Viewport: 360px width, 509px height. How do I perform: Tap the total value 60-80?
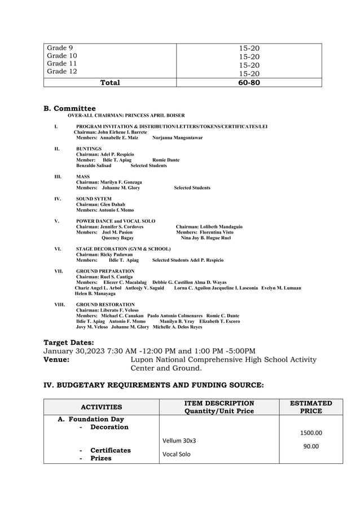coord(249,82)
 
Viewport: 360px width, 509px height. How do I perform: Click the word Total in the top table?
coord(110,82)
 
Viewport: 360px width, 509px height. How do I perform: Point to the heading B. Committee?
coord(69,108)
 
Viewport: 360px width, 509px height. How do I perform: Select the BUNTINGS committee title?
coord(89,149)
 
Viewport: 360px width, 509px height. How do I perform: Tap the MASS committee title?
coord(83,177)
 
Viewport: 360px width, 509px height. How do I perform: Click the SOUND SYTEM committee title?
coord(94,199)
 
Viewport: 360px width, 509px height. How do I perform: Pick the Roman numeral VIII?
coord(59,304)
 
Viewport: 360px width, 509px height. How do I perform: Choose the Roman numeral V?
coord(56,221)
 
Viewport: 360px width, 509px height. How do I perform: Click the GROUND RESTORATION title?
coord(106,304)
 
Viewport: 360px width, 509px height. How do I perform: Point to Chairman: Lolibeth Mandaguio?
coord(209,226)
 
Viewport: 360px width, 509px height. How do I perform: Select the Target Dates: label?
coord(69,342)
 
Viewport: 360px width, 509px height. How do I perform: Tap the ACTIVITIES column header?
coord(102,406)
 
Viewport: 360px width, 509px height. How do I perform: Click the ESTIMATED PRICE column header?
coord(310,407)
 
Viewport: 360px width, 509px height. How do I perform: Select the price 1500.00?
coord(310,433)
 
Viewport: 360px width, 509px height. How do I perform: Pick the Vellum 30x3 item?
coord(179,440)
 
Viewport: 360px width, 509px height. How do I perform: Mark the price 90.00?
coord(310,446)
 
